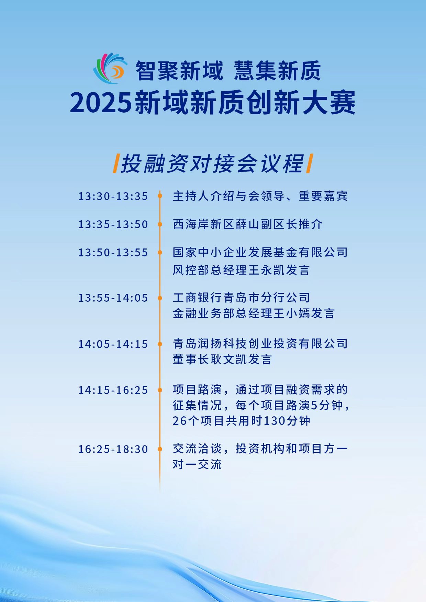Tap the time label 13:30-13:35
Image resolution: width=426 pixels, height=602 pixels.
(x=113, y=196)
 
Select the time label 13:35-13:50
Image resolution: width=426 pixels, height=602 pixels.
(x=113, y=224)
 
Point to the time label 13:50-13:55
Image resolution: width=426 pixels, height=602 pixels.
(x=113, y=253)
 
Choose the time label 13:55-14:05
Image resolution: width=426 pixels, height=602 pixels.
(x=113, y=298)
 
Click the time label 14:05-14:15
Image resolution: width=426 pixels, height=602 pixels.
(x=113, y=344)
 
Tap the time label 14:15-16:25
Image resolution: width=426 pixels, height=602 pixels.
(x=113, y=390)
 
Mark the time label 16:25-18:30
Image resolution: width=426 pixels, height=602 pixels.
(x=113, y=449)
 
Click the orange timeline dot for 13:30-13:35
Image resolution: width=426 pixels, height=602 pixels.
(x=160, y=196)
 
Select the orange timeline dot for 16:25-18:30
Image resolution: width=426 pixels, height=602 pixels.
(x=160, y=449)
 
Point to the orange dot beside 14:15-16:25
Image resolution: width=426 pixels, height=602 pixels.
(x=160, y=390)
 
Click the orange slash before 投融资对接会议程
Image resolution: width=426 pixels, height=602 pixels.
(x=116, y=163)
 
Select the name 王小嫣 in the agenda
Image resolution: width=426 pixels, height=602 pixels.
(x=292, y=313)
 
